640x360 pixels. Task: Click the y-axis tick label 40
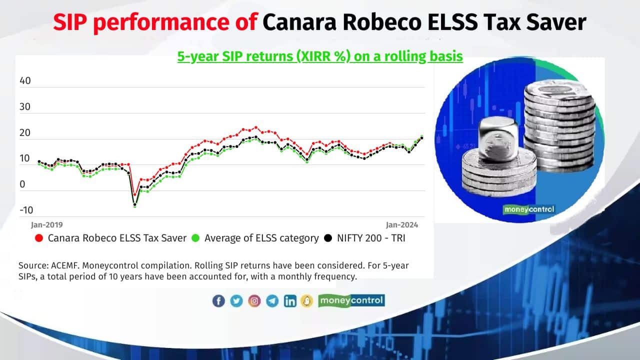tap(25, 81)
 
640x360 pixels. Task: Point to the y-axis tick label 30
tap(25, 107)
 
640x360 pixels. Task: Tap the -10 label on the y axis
tap(26, 210)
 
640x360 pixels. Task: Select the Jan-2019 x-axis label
tap(47, 225)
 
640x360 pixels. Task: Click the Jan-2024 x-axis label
tap(402, 225)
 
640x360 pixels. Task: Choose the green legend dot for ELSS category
tap(195, 238)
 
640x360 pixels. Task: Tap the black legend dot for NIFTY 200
tap(328, 238)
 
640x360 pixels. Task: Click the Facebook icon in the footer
tap(218, 300)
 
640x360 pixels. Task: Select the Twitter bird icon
tap(236, 300)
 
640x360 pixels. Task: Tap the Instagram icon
tap(254, 300)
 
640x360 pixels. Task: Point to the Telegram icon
tap(272, 300)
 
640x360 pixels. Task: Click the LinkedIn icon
tap(290, 300)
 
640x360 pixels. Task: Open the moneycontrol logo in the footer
tap(351, 300)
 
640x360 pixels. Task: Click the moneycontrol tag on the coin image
tap(529, 209)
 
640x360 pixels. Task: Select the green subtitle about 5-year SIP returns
tap(320, 56)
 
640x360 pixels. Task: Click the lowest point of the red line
tap(134, 195)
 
